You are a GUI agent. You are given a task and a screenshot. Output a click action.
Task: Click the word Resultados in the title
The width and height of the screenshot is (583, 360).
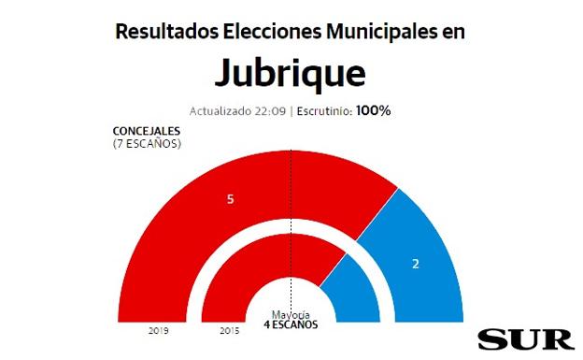point(166,31)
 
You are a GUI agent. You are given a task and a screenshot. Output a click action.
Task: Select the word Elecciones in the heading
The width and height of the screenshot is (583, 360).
point(271,31)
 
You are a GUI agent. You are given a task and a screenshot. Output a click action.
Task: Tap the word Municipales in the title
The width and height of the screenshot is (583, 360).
point(380,31)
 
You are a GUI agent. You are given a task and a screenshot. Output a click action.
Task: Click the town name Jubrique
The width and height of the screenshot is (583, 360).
point(291,73)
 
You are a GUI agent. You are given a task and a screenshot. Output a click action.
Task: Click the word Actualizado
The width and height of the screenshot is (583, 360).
point(220,110)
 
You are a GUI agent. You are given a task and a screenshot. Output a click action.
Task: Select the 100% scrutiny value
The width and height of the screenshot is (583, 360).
point(372,110)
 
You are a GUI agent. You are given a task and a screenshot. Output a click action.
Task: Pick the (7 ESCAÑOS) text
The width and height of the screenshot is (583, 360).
point(146,144)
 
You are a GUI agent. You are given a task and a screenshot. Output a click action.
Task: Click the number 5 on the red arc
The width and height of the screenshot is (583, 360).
point(230,199)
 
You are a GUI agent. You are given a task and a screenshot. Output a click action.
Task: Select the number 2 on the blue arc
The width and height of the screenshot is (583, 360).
point(416,264)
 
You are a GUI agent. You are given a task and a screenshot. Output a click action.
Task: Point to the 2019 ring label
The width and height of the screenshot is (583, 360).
point(158,331)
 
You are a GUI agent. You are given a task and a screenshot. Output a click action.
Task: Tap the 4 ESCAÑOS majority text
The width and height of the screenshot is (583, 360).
point(291,324)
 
